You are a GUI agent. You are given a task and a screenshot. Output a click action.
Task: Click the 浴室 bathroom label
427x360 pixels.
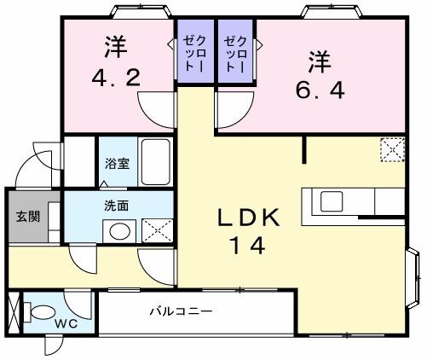pyautogui.click(x=118, y=163)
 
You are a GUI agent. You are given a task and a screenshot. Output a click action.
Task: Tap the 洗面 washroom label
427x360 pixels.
pyautogui.click(x=117, y=206)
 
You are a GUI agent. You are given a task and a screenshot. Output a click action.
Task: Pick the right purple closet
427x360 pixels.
pyautogui.click(x=235, y=52)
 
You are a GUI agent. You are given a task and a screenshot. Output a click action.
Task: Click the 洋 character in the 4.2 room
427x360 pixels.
pyautogui.click(x=117, y=44)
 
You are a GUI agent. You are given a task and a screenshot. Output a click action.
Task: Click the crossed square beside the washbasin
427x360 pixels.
pyautogui.click(x=154, y=230)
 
